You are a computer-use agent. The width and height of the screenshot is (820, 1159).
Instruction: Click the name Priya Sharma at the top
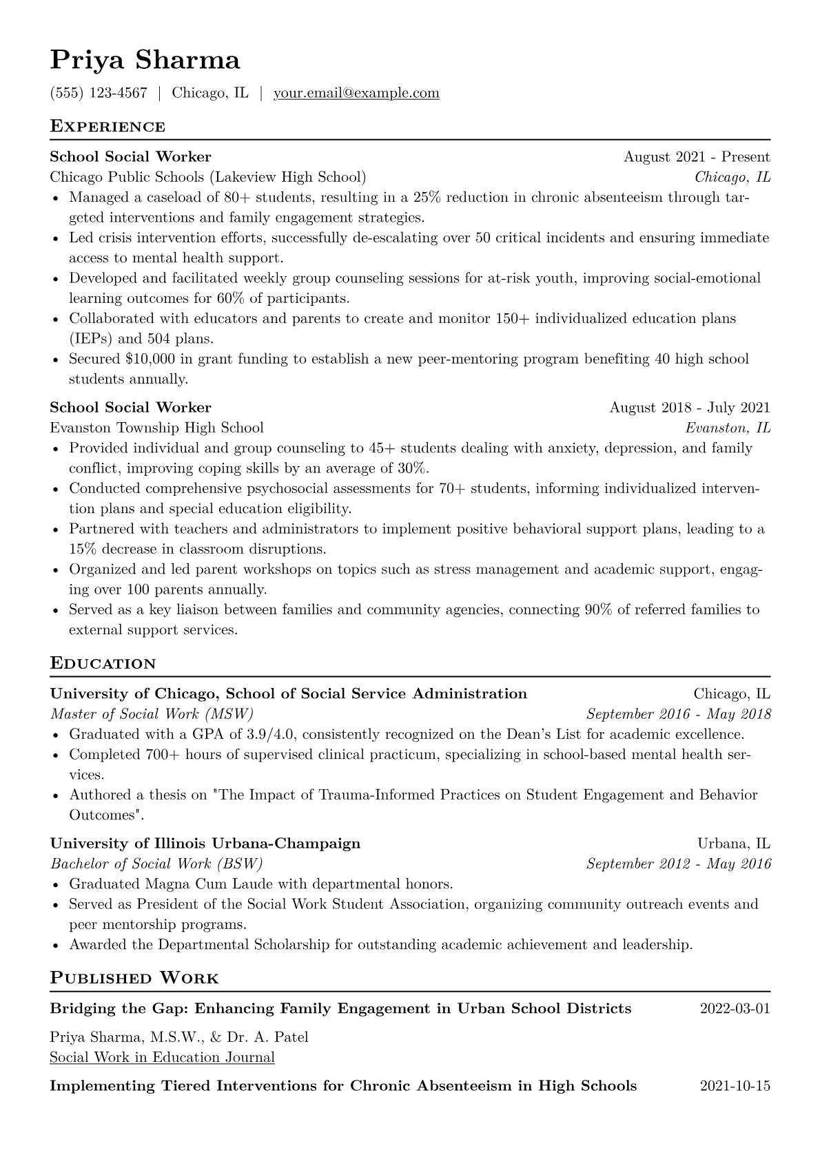pyautogui.click(x=145, y=61)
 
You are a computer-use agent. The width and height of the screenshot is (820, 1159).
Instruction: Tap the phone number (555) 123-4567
pyautogui.click(x=99, y=93)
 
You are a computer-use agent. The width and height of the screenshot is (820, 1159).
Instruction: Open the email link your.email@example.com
pyautogui.click(x=356, y=93)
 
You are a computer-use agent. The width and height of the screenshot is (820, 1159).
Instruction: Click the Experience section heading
pyautogui.click(x=107, y=127)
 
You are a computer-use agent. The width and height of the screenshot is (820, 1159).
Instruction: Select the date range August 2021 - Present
pyautogui.click(x=697, y=157)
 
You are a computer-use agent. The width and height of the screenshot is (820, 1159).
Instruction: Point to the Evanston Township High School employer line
pyautogui.click(x=156, y=428)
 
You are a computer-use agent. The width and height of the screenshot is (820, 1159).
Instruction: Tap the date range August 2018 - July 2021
pyautogui.click(x=689, y=408)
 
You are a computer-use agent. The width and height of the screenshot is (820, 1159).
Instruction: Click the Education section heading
pyautogui.click(x=103, y=664)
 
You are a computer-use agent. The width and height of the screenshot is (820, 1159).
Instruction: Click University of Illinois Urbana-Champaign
pyautogui.click(x=205, y=844)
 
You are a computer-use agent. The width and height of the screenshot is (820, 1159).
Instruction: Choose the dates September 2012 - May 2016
pyautogui.click(x=678, y=864)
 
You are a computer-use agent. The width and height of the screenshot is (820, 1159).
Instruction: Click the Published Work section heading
pyautogui.click(x=134, y=979)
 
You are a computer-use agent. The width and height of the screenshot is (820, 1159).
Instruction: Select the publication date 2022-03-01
pyautogui.click(x=735, y=1009)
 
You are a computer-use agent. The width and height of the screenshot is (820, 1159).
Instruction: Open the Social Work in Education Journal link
pyautogui.click(x=162, y=1058)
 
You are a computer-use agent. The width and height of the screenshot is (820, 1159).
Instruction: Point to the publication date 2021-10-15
pyautogui.click(x=735, y=1086)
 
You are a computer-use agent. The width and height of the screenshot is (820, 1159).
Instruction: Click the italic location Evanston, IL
pyautogui.click(x=728, y=428)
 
